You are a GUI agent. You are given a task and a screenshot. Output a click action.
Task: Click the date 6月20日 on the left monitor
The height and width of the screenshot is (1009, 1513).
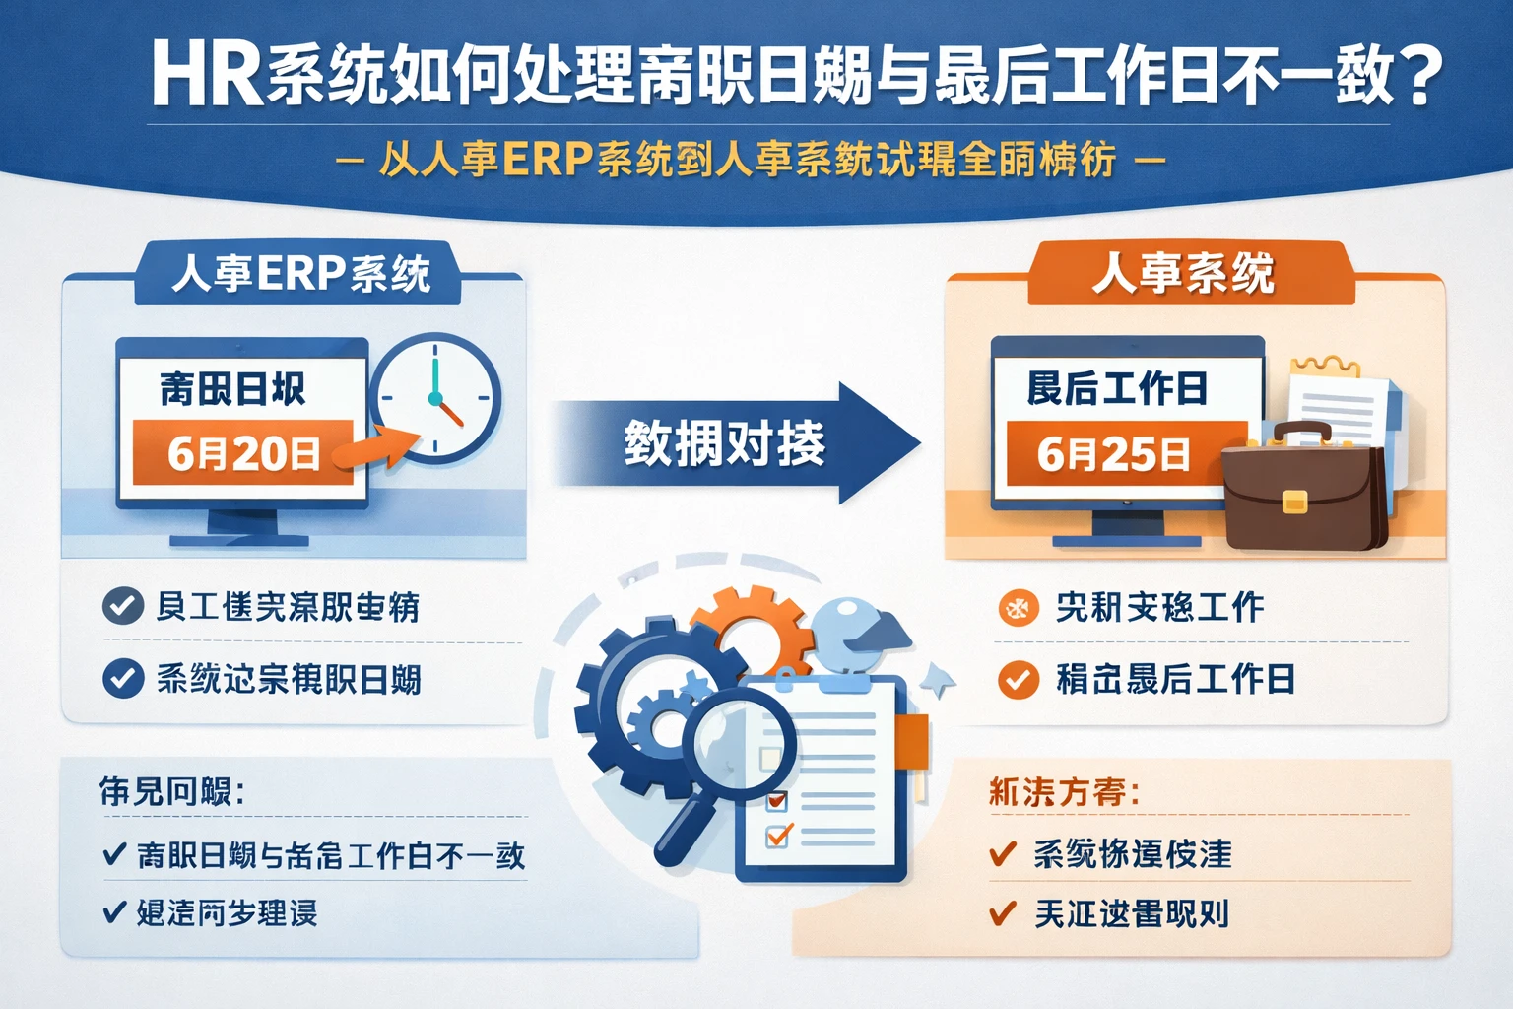click(x=243, y=453)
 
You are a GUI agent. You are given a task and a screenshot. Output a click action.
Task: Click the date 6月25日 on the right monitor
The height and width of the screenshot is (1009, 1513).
click(x=1113, y=454)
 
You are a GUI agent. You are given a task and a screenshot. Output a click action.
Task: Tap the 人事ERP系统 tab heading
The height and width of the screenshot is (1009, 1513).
click(x=300, y=273)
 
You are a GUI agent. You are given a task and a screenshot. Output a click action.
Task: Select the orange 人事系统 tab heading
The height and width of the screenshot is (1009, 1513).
click(x=1183, y=273)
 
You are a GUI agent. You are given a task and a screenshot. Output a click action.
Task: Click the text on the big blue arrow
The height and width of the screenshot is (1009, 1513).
click(x=724, y=443)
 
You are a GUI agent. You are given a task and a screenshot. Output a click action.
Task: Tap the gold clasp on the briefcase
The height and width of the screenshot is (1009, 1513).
click(x=1294, y=503)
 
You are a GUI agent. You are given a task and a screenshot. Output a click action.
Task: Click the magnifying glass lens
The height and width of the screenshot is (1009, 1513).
click(x=738, y=738)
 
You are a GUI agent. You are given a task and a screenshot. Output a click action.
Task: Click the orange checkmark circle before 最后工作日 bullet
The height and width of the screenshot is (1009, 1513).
click(x=1018, y=680)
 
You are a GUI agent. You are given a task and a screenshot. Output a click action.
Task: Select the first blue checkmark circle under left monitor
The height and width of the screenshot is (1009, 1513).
click(x=122, y=606)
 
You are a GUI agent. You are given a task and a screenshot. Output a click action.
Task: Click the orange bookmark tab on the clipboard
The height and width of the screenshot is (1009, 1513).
click(x=913, y=741)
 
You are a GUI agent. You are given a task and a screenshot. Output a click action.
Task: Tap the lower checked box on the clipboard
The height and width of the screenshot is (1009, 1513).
click(x=778, y=837)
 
